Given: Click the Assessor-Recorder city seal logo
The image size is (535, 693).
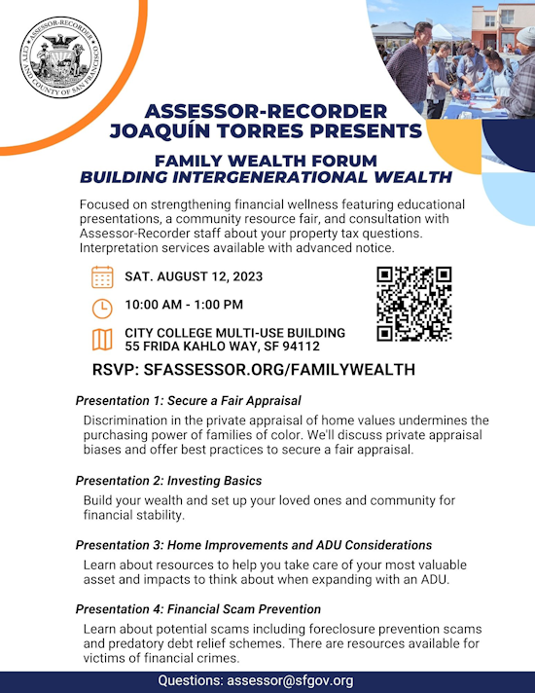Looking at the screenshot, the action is [x=61, y=57].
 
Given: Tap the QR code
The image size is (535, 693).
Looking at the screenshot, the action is [x=414, y=304].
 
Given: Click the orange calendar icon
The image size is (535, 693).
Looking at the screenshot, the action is [x=102, y=277].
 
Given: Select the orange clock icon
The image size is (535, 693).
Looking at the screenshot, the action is [x=102, y=309].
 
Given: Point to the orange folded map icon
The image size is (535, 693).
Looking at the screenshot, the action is [x=102, y=340].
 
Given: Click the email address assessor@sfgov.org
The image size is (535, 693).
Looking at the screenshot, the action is [x=290, y=680].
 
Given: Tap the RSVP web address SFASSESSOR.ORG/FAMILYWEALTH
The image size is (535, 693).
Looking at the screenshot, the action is [x=279, y=370].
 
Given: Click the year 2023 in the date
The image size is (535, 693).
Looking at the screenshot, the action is [x=248, y=276].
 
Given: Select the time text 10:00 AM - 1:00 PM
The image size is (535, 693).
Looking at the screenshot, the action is [x=184, y=305].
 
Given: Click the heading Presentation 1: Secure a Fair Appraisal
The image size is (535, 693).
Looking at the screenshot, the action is [x=188, y=401].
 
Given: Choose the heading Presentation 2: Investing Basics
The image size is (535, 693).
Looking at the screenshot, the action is [x=168, y=481].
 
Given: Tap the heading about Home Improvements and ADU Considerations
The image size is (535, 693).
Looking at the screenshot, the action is [x=254, y=545].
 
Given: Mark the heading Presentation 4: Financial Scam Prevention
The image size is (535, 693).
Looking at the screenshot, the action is [x=197, y=609].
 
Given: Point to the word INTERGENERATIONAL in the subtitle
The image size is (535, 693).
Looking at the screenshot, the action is [x=269, y=177].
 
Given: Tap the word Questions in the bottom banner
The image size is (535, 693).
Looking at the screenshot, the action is [x=191, y=680].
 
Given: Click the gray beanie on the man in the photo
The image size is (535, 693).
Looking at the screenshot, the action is [x=526, y=36].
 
